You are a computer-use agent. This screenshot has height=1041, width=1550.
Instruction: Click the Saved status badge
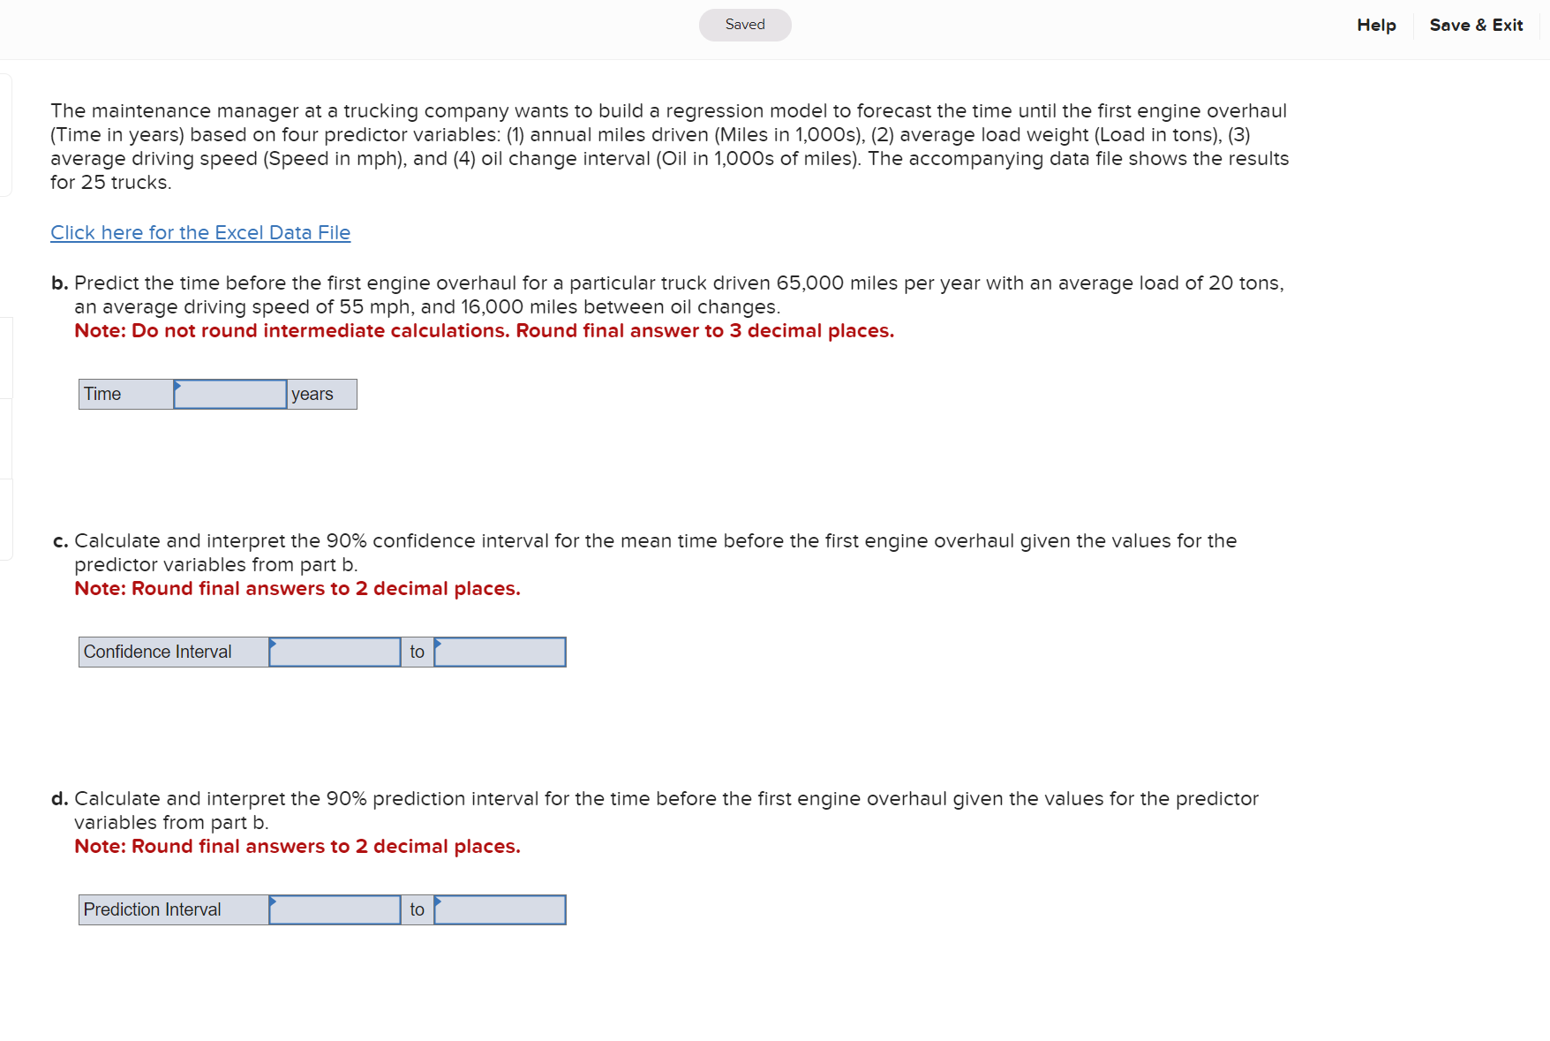pos(745,25)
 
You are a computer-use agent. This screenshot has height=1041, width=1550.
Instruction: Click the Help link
pos(1376,26)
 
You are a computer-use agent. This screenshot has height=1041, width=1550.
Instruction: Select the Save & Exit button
pos(1476,26)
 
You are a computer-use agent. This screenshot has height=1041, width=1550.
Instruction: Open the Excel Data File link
pos(200,233)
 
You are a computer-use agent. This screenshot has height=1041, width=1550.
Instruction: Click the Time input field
pos(230,395)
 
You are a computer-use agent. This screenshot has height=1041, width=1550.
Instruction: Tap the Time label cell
pos(126,395)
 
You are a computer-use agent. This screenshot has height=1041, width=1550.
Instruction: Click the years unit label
pos(321,395)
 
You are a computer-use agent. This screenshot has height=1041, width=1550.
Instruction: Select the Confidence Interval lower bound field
pos(335,653)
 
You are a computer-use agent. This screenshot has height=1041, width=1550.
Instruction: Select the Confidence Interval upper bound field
pos(500,653)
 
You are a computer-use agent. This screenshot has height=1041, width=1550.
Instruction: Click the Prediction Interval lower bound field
pos(335,910)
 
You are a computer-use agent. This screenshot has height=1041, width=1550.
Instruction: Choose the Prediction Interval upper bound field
pos(500,910)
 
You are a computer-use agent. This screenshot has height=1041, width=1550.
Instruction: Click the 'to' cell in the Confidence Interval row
pos(418,653)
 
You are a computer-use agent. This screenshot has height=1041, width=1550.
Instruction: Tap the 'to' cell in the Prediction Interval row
pos(418,910)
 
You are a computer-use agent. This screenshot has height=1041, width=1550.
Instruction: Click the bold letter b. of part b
pos(59,283)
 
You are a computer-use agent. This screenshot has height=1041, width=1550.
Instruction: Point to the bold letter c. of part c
pos(60,541)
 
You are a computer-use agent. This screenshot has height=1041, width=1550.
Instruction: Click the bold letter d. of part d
pos(59,799)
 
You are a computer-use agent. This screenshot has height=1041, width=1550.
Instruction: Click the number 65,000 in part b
pos(809,283)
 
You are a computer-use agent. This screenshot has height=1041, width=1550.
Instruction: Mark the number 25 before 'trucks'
pos(94,183)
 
